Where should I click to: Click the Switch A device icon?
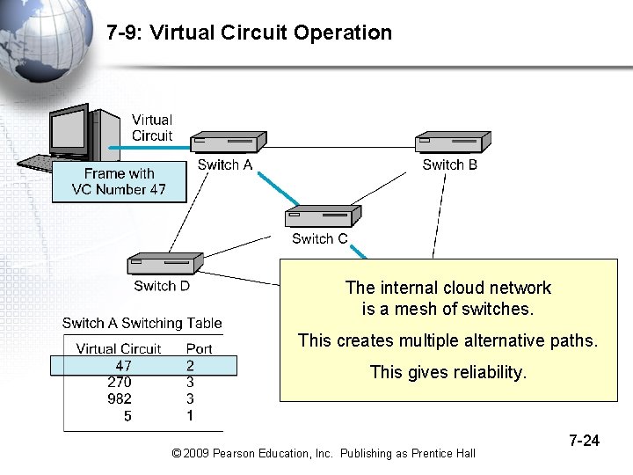pos(229,142)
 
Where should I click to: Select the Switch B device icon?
pos(453,142)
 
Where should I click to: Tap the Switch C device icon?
pos(322,216)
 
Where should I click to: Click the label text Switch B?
pos(449,164)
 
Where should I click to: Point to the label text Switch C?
pos(319,238)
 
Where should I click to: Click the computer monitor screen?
pos(69,133)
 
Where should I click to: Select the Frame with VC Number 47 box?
pos(119,181)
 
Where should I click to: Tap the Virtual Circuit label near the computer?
pos(152,128)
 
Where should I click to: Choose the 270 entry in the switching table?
pos(120,382)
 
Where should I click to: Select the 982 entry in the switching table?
pos(120,398)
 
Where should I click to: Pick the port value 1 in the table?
pos(190,415)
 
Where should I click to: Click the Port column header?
pos(199,348)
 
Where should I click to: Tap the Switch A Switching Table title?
pos(142,324)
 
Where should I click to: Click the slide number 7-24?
pos(584,440)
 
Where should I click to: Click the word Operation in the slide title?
pos(343,33)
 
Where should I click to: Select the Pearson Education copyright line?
pos(324,453)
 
